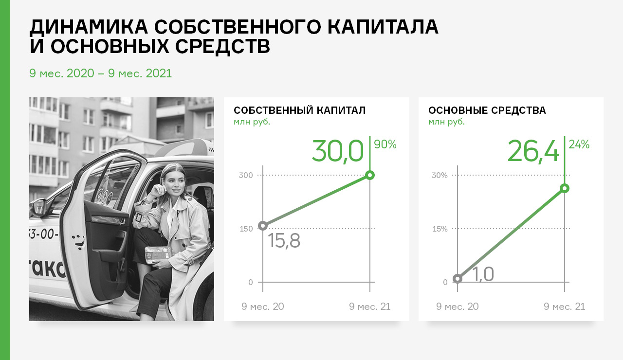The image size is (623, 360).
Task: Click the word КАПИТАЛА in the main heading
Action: point(383,27)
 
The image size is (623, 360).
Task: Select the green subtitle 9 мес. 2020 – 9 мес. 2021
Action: point(100,73)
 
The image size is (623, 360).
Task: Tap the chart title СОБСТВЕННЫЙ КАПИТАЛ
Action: point(299,110)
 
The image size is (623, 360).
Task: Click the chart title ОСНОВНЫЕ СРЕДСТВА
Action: point(487,110)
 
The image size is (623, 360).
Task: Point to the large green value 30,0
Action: point(338,151)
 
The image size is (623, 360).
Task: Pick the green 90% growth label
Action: point(385,144)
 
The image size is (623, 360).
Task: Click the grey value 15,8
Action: point(284,241)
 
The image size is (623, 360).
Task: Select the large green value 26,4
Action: point(533,151)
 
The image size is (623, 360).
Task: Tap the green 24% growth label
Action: point(579,144)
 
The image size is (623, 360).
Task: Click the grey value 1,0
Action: point(483,274)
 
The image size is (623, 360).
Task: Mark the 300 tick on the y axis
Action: point(246,176)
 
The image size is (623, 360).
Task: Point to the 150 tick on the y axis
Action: point(246,229)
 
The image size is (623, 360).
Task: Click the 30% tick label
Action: point(440,176)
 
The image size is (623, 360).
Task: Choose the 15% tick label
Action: point(440,229)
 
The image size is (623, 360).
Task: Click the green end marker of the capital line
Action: point(370,175)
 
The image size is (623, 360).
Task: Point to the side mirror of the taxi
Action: point(38,207)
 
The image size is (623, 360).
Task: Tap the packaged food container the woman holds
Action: point(158,254)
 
